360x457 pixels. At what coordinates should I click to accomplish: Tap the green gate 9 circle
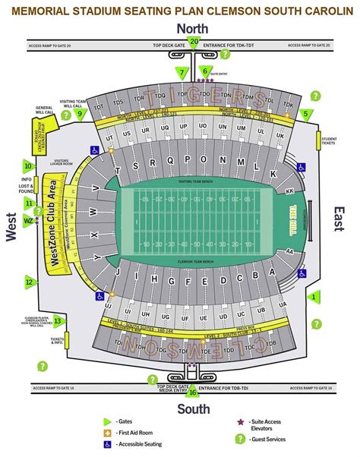click(79, 114)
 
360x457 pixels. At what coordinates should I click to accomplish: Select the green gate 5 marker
click(306, 114)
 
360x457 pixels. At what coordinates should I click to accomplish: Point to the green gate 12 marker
click(30, 282)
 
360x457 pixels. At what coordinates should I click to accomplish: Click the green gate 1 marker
click(314, 298)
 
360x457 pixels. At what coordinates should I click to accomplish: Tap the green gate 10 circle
click(27, 165)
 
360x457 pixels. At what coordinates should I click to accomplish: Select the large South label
click(194, 409)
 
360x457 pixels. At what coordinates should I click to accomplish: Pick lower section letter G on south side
click(171, 279)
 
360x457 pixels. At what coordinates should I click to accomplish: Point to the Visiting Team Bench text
click(196, 182)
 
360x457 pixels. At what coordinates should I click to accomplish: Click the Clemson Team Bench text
click(196, 260)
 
